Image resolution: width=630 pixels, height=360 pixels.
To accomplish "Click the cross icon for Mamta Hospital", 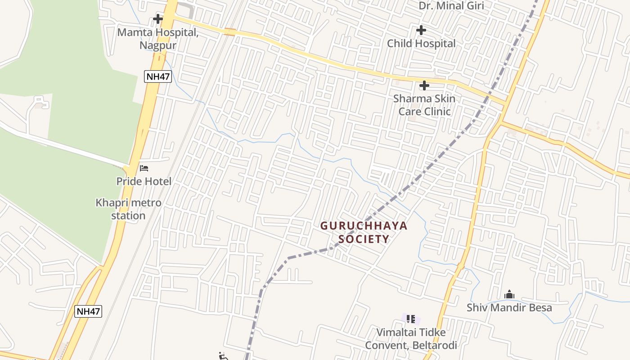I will (157, 19).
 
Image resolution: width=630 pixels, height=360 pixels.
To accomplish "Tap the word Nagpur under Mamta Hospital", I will (157, 45).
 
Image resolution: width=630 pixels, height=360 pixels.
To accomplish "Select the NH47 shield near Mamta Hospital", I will (157, 76).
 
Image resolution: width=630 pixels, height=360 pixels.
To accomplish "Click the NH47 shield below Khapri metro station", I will (88, 311).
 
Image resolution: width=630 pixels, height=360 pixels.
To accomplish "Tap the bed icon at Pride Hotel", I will (144, 168).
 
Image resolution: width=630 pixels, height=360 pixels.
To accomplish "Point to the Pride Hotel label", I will (144, 181).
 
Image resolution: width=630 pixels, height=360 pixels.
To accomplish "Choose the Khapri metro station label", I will (128, 209).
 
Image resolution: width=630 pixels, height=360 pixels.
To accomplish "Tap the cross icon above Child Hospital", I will (421, 30).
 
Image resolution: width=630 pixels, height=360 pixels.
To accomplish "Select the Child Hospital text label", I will (421, 44).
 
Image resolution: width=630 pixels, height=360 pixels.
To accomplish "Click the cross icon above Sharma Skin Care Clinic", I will (424, 85).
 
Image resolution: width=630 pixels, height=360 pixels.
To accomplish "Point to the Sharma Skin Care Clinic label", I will (424, 105).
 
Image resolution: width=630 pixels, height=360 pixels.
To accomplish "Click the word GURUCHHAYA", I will (364, 226).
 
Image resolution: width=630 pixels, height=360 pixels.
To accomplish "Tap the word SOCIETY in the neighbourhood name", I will (364, 239).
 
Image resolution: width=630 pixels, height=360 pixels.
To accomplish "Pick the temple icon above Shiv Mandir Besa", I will (509, 295).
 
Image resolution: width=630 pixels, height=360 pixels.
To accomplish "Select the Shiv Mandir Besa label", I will (509, 308).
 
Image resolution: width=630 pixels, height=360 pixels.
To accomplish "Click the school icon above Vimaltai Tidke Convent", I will (410, 319).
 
